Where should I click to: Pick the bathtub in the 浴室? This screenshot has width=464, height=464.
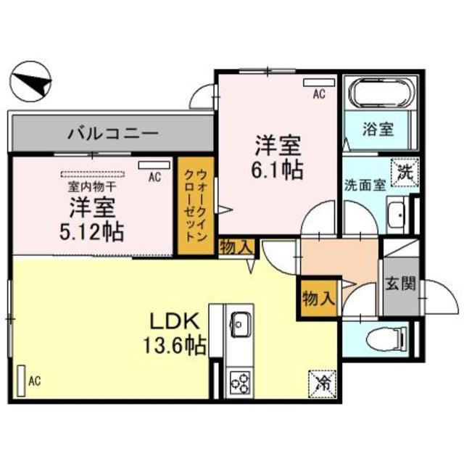(x=380, y=95)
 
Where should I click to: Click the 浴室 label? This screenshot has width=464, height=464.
(x=378, y=130)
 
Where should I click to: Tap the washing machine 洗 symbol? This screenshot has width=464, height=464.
(x=405, y=173)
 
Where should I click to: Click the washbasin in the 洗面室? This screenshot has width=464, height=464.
(x=397, y=215)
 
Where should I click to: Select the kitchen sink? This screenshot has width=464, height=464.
(x=239, y=323)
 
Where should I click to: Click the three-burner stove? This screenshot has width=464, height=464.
(x=239, y=380)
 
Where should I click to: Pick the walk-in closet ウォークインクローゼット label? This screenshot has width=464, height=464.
(x=194, y=206)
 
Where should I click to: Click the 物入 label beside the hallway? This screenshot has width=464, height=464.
(x=318, y=297)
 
